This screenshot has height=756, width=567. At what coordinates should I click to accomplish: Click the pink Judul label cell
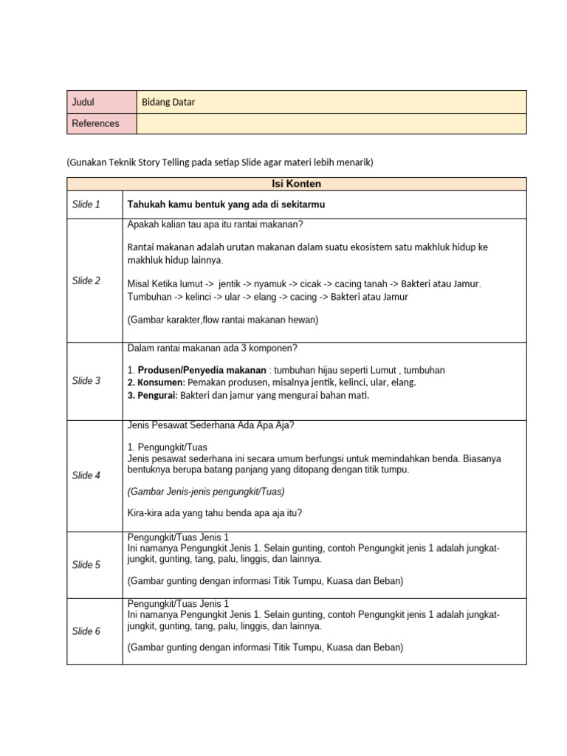tap(102, 102)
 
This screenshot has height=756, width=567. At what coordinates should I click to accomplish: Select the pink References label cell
tap(102, 123)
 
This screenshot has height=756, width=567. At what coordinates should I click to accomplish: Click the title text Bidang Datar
tap(168, 102)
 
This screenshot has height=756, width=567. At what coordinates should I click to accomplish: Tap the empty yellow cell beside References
tap(331, 123)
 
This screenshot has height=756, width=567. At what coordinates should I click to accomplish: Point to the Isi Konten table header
tap(297, 184)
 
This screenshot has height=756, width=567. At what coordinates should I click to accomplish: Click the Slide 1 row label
tap(86, 205)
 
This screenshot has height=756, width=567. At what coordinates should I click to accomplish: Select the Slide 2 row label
tap(86, 281)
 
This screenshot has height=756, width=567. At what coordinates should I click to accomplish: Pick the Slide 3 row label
tap(86, 381)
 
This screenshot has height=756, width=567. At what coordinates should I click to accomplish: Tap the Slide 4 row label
tap(86, 475)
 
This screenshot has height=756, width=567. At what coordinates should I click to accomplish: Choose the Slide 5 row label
tap(86, 565)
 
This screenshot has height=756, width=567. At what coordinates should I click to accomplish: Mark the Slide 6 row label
tap(86, 631)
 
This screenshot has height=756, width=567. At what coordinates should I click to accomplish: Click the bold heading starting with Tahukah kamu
tap(226, 205)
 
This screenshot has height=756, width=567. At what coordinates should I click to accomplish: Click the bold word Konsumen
tap(157, 382)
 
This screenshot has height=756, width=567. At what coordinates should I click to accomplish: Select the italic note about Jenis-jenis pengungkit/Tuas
tap(206, 492)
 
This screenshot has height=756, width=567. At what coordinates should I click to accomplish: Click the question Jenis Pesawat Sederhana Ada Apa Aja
tap(210, 425)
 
